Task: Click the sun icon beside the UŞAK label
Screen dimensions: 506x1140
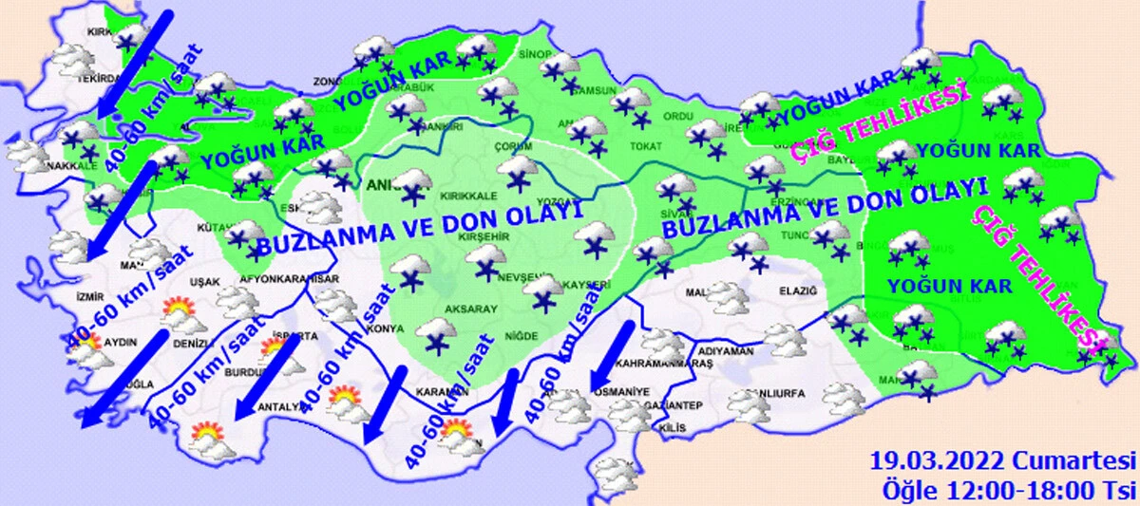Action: pos(178,309)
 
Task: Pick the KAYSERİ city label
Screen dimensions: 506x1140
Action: pos(586,285)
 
